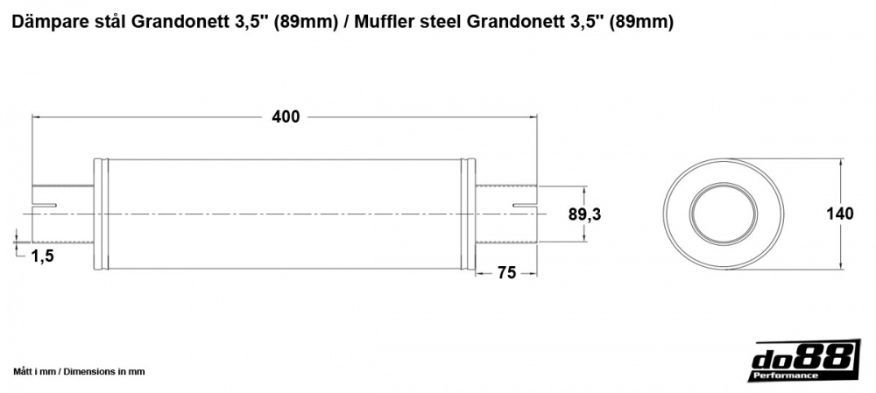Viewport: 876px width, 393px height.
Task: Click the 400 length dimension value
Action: pyautogui.click(x=286, y=117)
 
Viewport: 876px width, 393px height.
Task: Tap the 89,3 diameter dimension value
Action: pyautogui.click(x=584, y=214)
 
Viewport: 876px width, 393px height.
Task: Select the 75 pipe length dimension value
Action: pyautogui.click(x=505, y=273)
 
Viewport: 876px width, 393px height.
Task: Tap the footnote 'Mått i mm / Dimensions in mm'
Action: pyautogui.click(x=79, y=371)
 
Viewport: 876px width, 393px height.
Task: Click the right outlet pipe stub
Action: pyautogui.click(x=506, y=214)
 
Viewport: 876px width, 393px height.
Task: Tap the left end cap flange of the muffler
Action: pyautogui.click(x=100, y=214)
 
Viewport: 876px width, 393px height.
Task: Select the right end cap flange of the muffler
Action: pyautogui.click(x=470, y=214)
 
